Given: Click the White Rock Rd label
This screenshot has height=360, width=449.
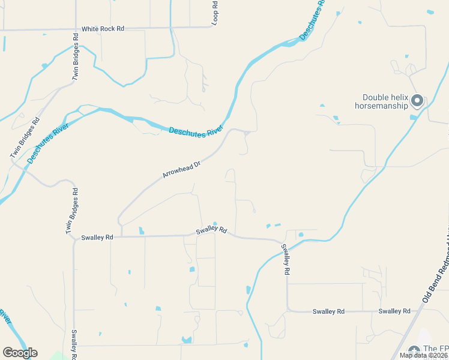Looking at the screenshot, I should [x=103, y=29].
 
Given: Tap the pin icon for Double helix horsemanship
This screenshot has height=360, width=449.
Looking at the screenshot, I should [x=417, y=101].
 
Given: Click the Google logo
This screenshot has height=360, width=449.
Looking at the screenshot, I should [x=20, y=353].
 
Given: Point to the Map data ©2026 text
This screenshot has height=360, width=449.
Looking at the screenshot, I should [x=424, y=355].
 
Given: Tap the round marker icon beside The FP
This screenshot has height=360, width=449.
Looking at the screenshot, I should [x=414, y=350].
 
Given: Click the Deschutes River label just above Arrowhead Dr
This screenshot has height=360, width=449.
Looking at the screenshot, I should [x=196, y=131].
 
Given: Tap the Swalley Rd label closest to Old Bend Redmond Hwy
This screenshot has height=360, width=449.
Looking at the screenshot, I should [x=394, y=311].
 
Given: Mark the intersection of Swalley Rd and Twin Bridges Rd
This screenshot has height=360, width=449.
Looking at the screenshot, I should [x=74, y=238].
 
